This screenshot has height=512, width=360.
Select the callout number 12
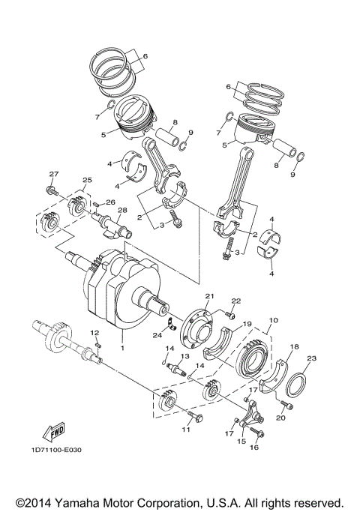pos(94,332)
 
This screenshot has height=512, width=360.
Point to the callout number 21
pos(210,296)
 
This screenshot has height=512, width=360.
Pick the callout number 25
pos(87,181)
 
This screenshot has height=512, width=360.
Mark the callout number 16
pos(253,448)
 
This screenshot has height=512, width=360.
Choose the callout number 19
pos(245,326)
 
